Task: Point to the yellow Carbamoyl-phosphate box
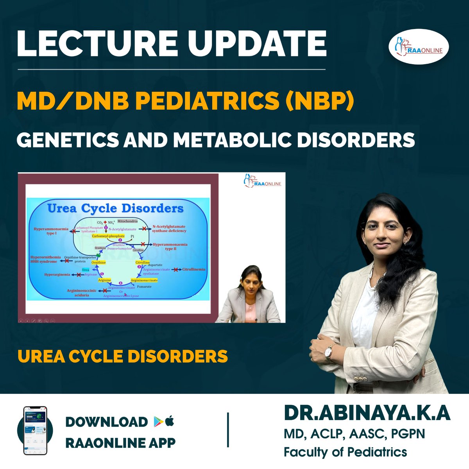click(x=108, y=236)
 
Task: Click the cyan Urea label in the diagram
click(x=86, y=270)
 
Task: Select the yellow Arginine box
click(x=105, y=280)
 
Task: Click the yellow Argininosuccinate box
click(x=144, y=280)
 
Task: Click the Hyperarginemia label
click(x=57, y=275)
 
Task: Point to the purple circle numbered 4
click(x=120, y=283)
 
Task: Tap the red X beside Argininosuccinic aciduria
click(x=104, y=291)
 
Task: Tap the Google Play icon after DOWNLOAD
click(x=158, y=422)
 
